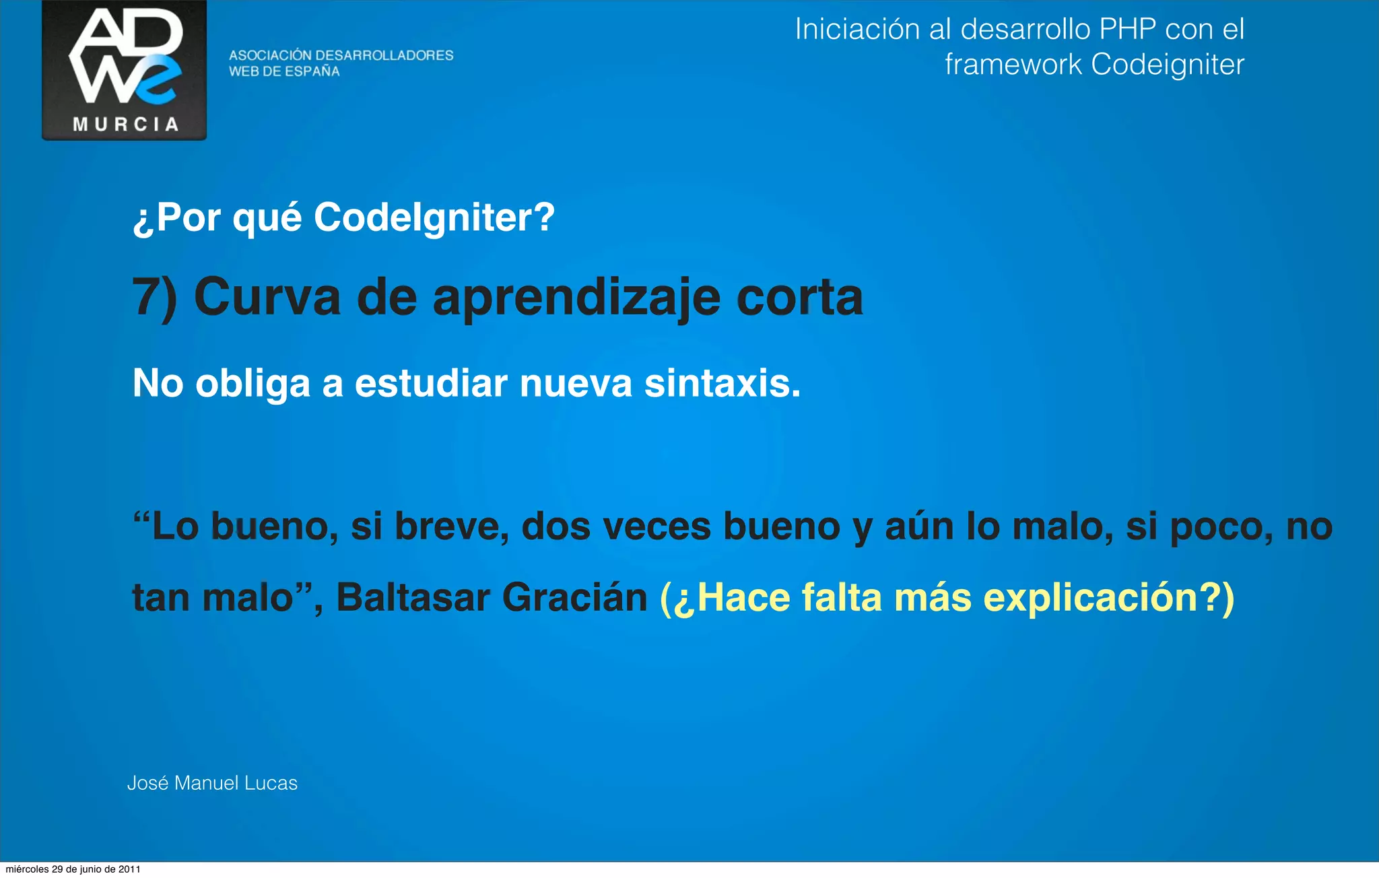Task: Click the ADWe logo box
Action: point(125,69)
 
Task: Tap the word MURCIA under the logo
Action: point(126,125)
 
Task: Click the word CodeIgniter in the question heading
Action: point(434,217)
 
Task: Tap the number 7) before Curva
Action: point(154,297)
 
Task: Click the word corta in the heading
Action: point(799,297)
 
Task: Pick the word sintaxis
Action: point(722,383)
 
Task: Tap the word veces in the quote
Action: point(657,527)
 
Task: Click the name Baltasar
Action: point(413,598)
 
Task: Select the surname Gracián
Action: point(574,598)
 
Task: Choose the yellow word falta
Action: point(841,598)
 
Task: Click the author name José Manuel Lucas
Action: point(212,783)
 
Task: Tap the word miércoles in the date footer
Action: point(27,869)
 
